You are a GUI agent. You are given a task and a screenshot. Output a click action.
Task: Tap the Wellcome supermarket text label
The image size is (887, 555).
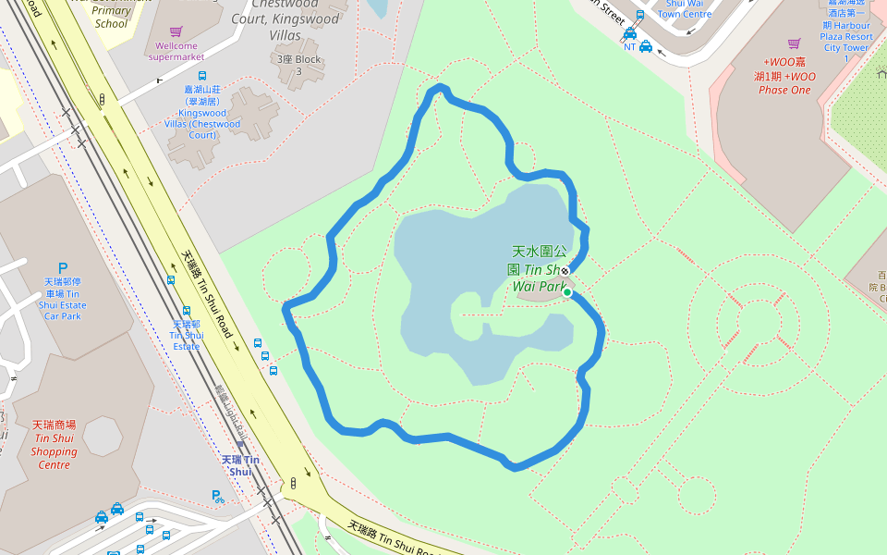pyautogui.click(x=176, y=51)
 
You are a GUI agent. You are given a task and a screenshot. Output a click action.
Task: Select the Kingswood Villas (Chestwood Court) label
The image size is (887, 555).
pyautogui.click(x=202, y=112)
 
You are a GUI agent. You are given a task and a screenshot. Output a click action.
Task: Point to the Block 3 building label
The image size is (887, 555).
pyautogui.click(x=298, y=65)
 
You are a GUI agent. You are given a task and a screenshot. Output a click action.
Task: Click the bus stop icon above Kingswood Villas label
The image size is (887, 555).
pyautogui.click(x=202, y=76)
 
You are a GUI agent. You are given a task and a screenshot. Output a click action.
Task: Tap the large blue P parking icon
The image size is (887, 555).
pyautogui.click(x=63, y=267)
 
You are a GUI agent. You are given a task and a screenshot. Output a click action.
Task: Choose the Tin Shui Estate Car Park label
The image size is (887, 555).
pyautogui.click(x=63, y=298)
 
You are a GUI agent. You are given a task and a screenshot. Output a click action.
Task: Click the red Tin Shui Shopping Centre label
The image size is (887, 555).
pyautogui.click(x=54, y=445)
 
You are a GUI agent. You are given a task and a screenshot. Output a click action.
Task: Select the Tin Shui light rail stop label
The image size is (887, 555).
pyautogui.click(x=240, y=465)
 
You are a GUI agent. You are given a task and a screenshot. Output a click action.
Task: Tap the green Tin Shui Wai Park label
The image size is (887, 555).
pyautogui.click(x=539, y=268)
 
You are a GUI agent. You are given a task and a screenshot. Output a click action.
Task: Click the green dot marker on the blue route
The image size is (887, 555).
pyautogui.click(x=567, y=293)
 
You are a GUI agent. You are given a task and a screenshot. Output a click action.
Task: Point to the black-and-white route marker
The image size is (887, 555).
pyautogui.click(x=565, y=270)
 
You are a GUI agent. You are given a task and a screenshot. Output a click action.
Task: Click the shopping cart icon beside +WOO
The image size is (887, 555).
pyautogui.click(x=793, y=43)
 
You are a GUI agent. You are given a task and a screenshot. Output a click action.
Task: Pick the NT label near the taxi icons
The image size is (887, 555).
pyautogui.click(x=630, y=46)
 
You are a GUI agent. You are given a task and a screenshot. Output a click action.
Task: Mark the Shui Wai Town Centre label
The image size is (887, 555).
pyautogui.click(x=684, y=9)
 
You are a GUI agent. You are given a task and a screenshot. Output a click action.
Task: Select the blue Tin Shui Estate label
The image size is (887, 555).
pyautogui.click(x=186, y=335)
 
